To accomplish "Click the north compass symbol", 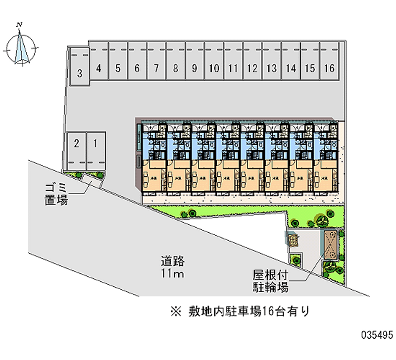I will click(20, 48).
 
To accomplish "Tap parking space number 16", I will click(329, 69).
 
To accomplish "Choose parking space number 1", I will click(96, 144).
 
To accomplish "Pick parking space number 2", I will click(76, 144).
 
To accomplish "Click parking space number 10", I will click(214, 69).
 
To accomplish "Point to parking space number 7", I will click(156, 69).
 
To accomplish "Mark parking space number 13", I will click(271, 69).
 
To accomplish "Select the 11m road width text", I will click(172, 274).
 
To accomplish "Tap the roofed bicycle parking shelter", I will click(330, 245).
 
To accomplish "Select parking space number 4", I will click(99, 69).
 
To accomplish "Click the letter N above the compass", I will click(19, 24).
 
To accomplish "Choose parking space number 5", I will click(118, 69).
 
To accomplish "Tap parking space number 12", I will click(252, 69).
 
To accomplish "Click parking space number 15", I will click(310, 69).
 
